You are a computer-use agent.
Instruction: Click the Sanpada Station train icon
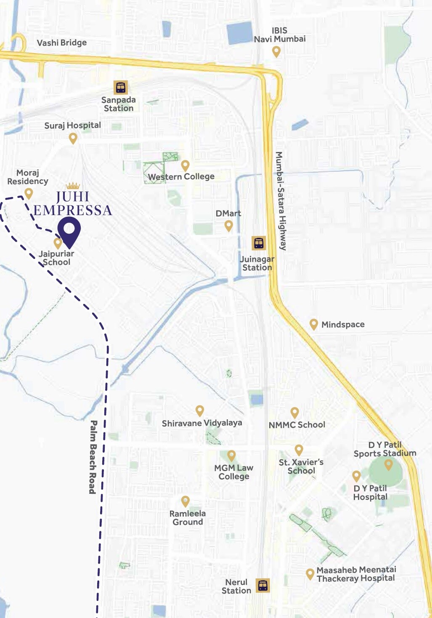pyautogui.click(x=121, y=88)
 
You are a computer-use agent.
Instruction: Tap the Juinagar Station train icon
pyautogui.click(x=259, y=243)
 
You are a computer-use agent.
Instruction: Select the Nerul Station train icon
pyautogui.click(x=263, y=585)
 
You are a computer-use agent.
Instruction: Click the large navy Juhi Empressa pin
pyautogui.click(x=69, y=230)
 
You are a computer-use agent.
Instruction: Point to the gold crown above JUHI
pyautogui.click(x=73, y=186)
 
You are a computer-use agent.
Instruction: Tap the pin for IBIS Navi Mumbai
pyautogui.click(x=276, y=51)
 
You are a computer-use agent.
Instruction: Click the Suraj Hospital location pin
pyautogui.click(x=73, y=138)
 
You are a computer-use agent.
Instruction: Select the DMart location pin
pyautogui.click(x=229, y=226)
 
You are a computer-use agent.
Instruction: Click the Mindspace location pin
pyautogui.click(x=313, y=324)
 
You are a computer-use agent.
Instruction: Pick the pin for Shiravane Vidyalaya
pyautogui.click(x=200, y=410)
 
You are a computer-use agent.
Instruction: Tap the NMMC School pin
pyautogui.click(x=295, y=412)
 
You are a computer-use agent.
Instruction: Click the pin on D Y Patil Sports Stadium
pyautogui.click(x=389, y=464)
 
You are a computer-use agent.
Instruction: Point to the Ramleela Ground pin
pyautogui.click(x=185, y=501)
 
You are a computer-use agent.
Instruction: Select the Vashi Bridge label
pyautogui.click(x=62, y=43)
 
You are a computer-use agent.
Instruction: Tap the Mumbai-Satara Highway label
pyautogui.click(x=281, y=201)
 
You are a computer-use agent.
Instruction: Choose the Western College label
pyautogui.click(x=181, y=176)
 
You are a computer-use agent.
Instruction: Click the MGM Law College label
pyautogui.click(x=234, y=472)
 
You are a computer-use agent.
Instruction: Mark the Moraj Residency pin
pyautogui.click(x=29, y=193)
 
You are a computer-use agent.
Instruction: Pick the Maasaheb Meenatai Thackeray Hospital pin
pyautogui.click(x=310, y=574)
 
